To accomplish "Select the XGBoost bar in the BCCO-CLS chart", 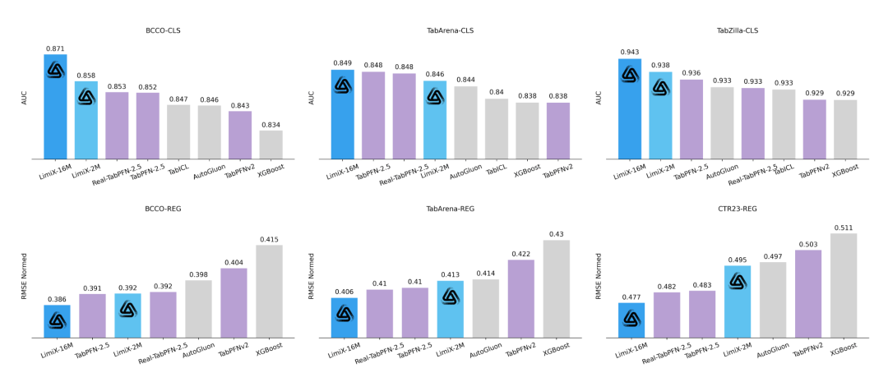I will click(271, 145).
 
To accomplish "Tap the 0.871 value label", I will click(55, 48).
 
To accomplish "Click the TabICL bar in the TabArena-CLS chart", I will click(496, 129).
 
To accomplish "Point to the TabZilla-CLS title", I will click(738, 30).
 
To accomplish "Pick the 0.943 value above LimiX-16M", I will click(630, 52).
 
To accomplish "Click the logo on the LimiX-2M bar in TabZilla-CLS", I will click(660, 87).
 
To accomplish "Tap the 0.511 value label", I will click(844, 228).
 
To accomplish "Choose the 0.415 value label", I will click(270, 239).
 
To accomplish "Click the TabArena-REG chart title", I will click(450, 209).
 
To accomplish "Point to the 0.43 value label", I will click(557, 234).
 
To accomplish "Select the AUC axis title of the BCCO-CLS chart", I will click(25, 98).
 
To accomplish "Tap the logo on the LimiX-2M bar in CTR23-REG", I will click(738, 282).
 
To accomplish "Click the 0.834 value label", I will click(271, 125).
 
